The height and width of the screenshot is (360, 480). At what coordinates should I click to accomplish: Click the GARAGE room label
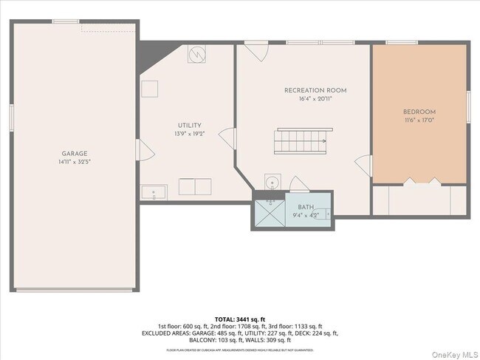75,154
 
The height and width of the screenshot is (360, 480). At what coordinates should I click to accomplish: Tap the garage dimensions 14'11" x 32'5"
75,162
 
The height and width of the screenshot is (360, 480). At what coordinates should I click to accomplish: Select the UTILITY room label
189,126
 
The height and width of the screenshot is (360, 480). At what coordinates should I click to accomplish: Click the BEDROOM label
419,112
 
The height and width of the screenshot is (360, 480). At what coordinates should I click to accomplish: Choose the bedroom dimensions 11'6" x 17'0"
419,120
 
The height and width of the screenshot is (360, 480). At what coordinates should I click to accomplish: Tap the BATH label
306,208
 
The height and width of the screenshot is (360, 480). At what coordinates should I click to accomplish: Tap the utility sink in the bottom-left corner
154,194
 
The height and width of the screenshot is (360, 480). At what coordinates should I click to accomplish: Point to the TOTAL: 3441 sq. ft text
240,319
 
